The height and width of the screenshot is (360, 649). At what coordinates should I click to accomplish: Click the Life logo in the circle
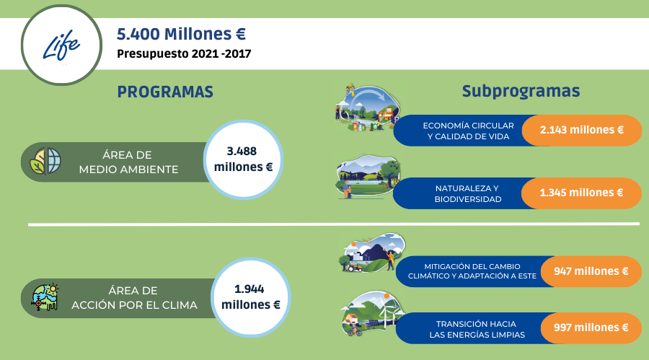(x=61, y=45)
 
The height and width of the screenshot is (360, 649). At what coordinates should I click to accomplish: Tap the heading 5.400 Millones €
(x=181, y=34)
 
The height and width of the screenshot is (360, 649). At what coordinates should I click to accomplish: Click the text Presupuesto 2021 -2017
(x=184, y=54)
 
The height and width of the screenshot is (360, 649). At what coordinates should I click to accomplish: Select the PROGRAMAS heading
(x=165, y=92)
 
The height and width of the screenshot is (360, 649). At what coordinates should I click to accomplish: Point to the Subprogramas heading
(x=521, y=91)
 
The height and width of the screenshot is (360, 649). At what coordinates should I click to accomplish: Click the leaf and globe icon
(x=45, y=161)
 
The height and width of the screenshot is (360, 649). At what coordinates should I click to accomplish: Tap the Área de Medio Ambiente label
(x=128, y=162)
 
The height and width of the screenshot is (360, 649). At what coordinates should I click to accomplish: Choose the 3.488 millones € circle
(x=244, y=159)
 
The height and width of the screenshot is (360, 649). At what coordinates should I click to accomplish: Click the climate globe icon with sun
(x=45, y=297)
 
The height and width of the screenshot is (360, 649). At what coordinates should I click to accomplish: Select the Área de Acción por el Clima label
(x=134, y=298)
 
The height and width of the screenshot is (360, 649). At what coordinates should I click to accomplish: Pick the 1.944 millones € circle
(x=251, y=297)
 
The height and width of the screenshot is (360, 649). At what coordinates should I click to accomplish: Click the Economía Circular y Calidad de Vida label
(x=468, y=131)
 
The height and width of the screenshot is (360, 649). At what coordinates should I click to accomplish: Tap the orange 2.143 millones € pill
(x=581, y=130)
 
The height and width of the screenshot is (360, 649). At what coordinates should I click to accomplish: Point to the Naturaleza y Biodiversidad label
(x=468, y=193)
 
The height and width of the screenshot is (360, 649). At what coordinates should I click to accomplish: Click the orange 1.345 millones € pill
(x=581, y=193)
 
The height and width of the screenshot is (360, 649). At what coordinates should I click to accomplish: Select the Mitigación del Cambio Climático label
(x=472, y=271)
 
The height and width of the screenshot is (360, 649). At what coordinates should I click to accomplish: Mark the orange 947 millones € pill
(x=591, y=271)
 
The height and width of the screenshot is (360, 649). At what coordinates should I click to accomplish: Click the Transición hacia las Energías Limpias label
(x=477, y=330)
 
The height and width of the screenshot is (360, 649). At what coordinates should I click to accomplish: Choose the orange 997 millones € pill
(x=591, y=328)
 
